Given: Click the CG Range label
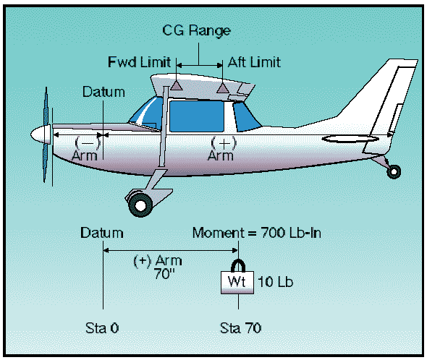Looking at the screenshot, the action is coord(196,30).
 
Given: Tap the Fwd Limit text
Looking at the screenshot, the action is coord(140,62).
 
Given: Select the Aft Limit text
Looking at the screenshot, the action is coord(254,62).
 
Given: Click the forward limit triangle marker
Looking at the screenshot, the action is coord(177,85).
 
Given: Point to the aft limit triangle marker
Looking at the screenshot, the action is coord(222,87).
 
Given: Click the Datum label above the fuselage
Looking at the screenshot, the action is coord(103,92).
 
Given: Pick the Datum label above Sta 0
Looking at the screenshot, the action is coord(102,233).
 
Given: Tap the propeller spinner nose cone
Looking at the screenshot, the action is coord(41,134).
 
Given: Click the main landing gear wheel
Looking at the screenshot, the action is coord(140,206).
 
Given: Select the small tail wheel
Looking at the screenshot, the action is coord(394,172).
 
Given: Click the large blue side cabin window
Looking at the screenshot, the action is coord(197,116).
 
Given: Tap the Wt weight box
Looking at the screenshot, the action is coord(237,282).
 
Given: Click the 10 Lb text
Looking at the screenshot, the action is coord(275,282).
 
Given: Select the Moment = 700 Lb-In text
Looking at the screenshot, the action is coord(256,233).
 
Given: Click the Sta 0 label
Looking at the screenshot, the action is coord(102,328).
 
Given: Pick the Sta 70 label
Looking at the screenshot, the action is coord(240,328).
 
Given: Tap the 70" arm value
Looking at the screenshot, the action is coord(164,273).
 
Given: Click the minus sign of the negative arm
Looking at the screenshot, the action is coord(88,142).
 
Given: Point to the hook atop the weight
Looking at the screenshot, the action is coord(238,265).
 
